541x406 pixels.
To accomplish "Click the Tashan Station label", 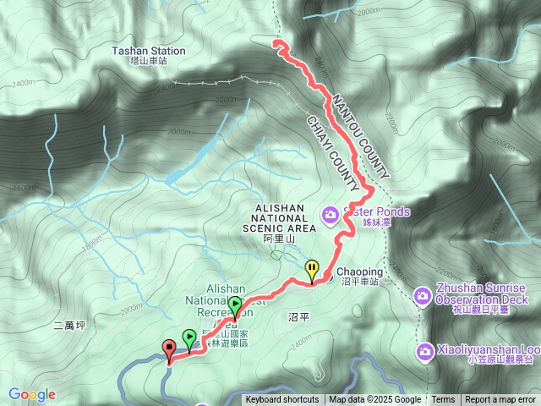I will click(148, 51).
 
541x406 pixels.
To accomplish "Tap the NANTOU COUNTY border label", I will click(360, 135).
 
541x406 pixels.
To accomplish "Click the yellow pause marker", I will click(313, 270).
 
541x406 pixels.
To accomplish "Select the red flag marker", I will click(169, 348).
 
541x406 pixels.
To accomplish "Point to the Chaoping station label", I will click(360, 272).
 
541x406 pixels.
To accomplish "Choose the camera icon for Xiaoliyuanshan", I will click(422, 348).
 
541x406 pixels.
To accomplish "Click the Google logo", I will click(32, 394).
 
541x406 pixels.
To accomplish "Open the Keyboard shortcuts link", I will click(282, 400).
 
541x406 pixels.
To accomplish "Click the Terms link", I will click(443, 400).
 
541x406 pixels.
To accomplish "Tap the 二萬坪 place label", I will click(69, 325).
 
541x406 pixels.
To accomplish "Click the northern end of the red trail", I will click(276, 41).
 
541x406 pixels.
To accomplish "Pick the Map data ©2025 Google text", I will click(374, 400).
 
